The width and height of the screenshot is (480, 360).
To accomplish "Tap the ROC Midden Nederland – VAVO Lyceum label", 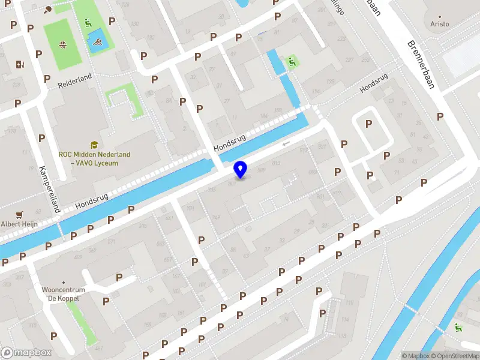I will click(94, 158).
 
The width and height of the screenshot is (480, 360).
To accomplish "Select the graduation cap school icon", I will click(94, 145).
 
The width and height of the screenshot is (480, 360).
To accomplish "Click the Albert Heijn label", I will click(20, 224).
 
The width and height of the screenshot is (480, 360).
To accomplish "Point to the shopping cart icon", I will click(20, 213).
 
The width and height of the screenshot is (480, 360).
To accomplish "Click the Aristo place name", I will click(439, 24).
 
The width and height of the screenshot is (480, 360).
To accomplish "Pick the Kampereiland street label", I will click(50, 189).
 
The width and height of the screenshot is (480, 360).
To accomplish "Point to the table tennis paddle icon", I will click(47, 9).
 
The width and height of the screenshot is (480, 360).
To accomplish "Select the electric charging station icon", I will click(20, 65).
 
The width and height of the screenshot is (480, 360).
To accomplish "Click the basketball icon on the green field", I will click(62, 44).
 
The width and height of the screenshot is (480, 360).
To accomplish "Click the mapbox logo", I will click(26, 353).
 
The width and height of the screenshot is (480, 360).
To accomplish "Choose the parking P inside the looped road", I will click(368, 124).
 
